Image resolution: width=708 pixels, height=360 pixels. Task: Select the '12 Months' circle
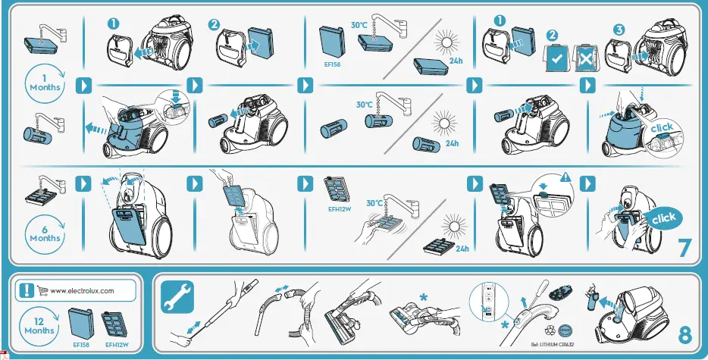coord(39,326)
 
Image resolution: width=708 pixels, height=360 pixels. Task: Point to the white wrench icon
coord(177,296)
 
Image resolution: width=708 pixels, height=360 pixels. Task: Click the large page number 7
coord(685,248)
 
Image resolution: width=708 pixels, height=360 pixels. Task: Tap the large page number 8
coord(685,334)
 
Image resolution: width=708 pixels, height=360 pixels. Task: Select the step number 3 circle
coord(619,30)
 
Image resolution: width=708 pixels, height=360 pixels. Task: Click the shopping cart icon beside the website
coord(43,290)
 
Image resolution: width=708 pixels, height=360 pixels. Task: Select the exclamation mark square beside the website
coord(27,290)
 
